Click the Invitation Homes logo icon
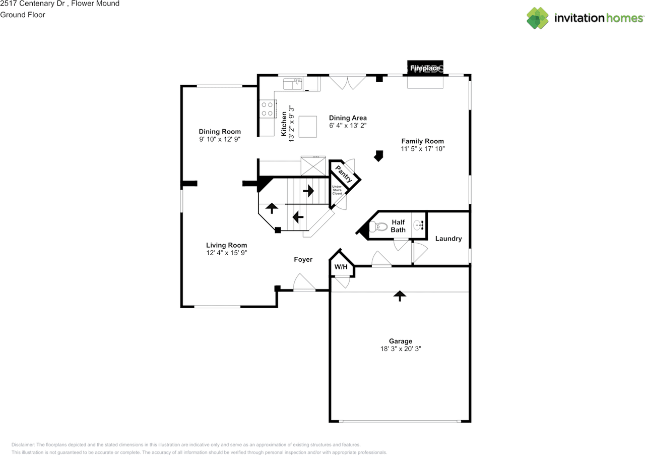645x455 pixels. [x=538, y=18]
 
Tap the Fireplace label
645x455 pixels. [x=425, y=68]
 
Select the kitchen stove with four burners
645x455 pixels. [x=267, y=109]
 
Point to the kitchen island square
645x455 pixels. [x=308, y=126]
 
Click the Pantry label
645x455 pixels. [x=345, y=175]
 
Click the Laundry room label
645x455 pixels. [x=448, y=239]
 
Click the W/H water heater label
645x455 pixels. [x=341, y=267]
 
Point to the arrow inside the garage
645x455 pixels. [x=400, y=296]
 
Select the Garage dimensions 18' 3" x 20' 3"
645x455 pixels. [x=401, y=349]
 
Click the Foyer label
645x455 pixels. [x=303, y=259]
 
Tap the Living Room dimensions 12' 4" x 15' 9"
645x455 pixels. [x=226, y=253]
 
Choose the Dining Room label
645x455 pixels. [x=220, y=132]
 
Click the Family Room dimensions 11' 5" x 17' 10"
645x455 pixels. [x=422, y=149]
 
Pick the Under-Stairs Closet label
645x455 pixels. [x=337, y=190]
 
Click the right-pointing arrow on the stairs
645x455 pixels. [x=308, y=191]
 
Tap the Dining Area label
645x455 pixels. [x=348, y=118]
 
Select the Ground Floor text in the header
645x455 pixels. [x=23, y=15]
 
